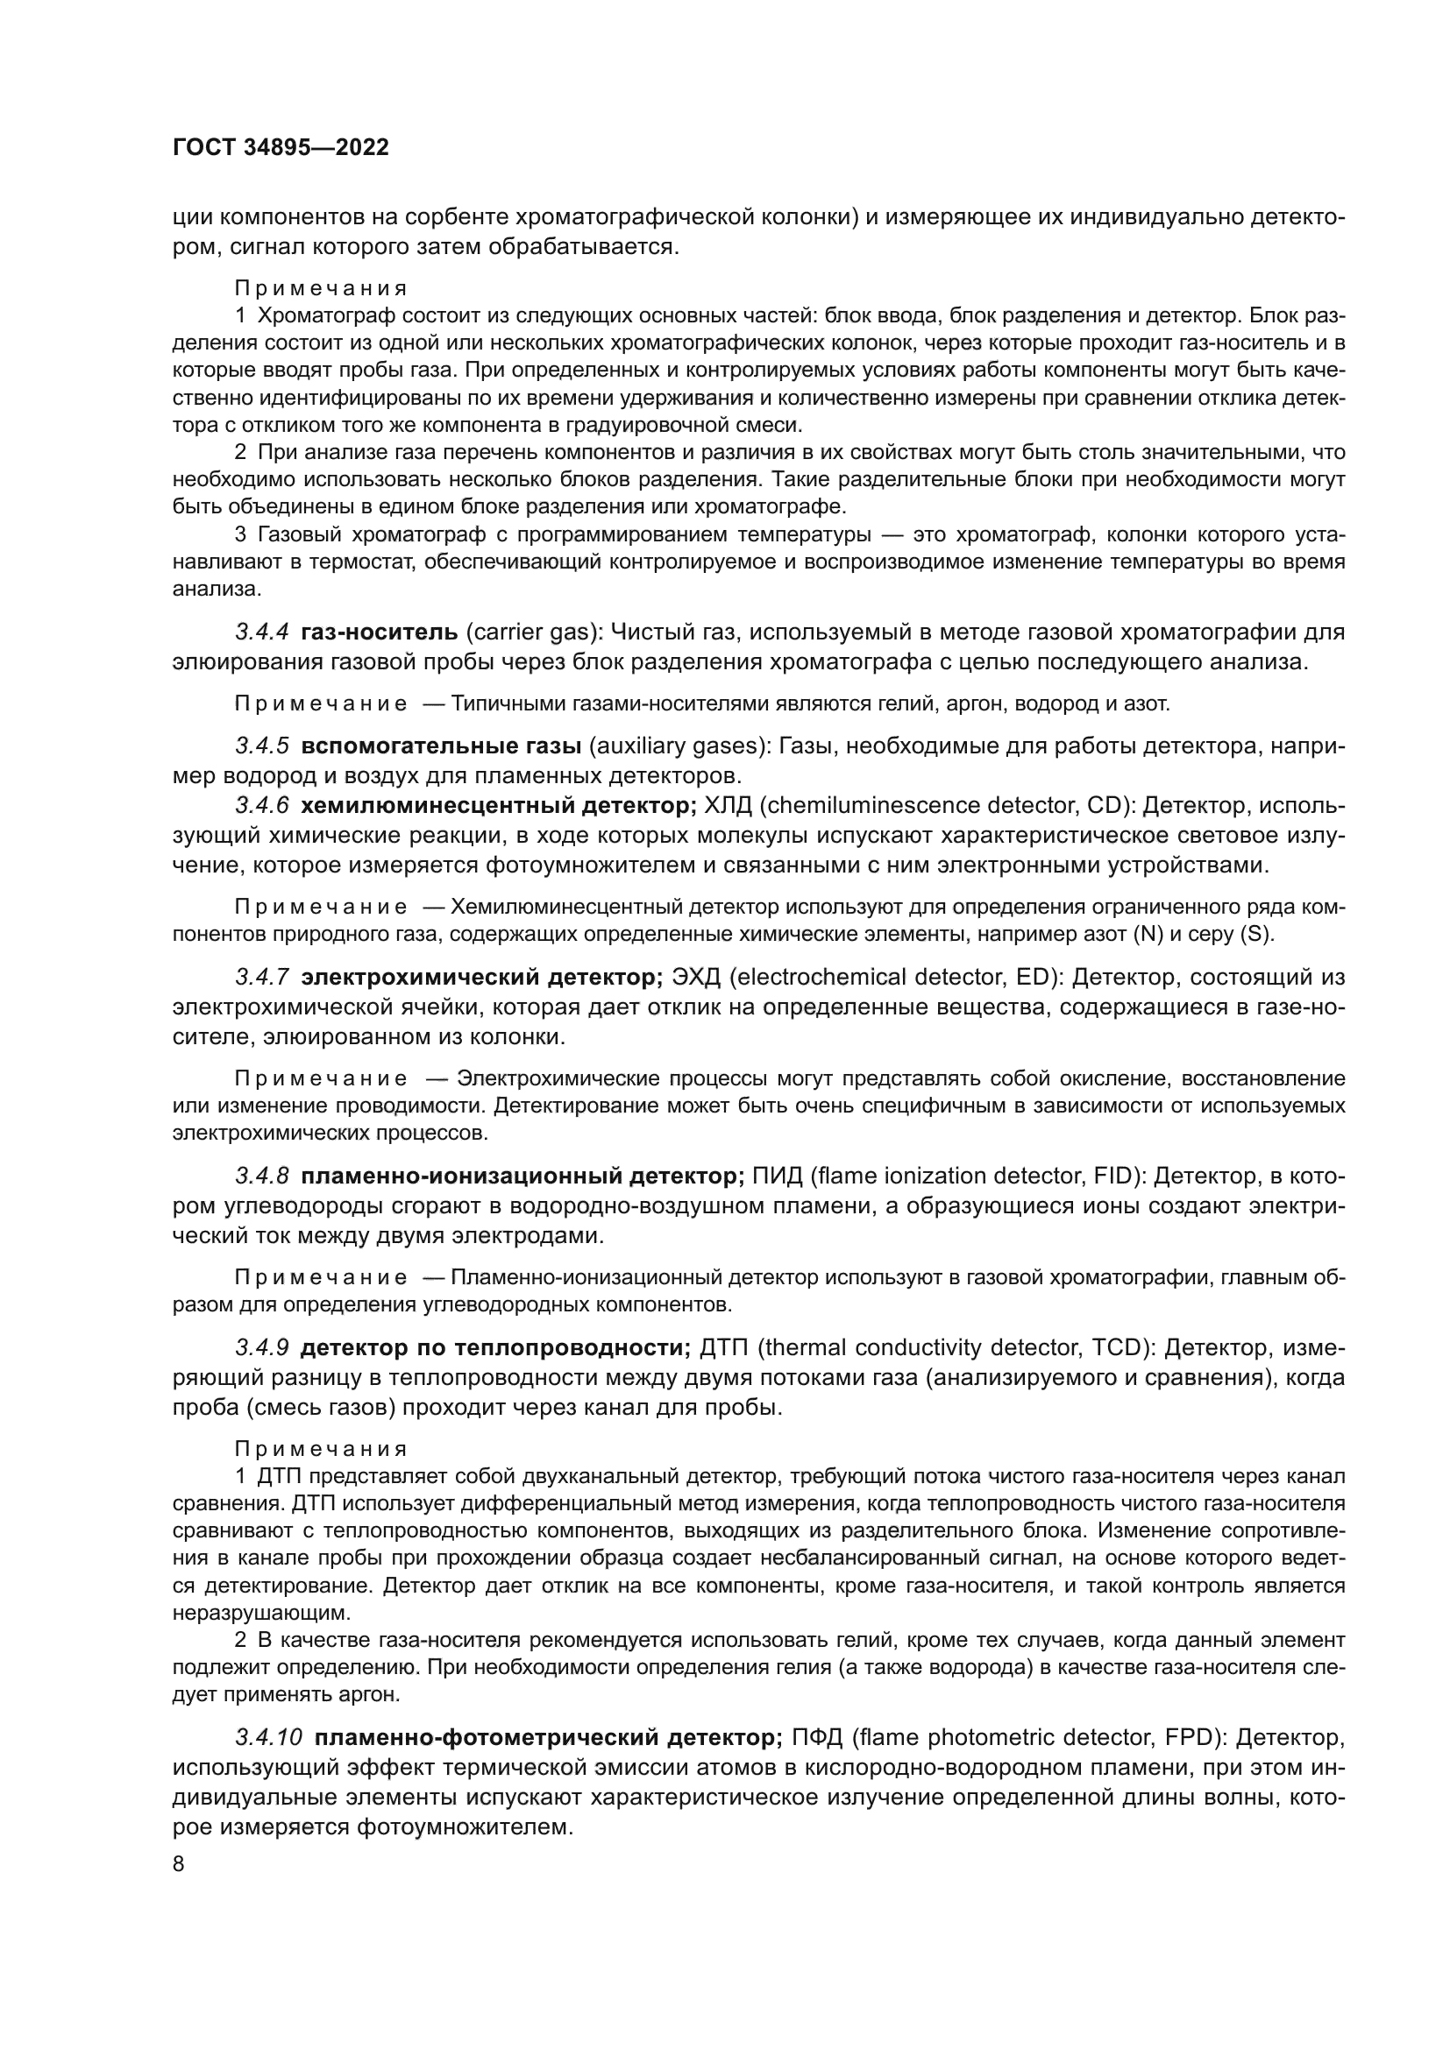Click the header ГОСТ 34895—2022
[x=281, y=148]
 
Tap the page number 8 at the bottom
[x=179, y=1864]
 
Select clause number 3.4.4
[x=261, y=632]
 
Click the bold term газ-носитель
[x=380, y=632]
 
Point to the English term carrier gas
[x=530, y=632]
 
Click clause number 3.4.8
[x=261, y=1176]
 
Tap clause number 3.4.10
[x=269, y=1737]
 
